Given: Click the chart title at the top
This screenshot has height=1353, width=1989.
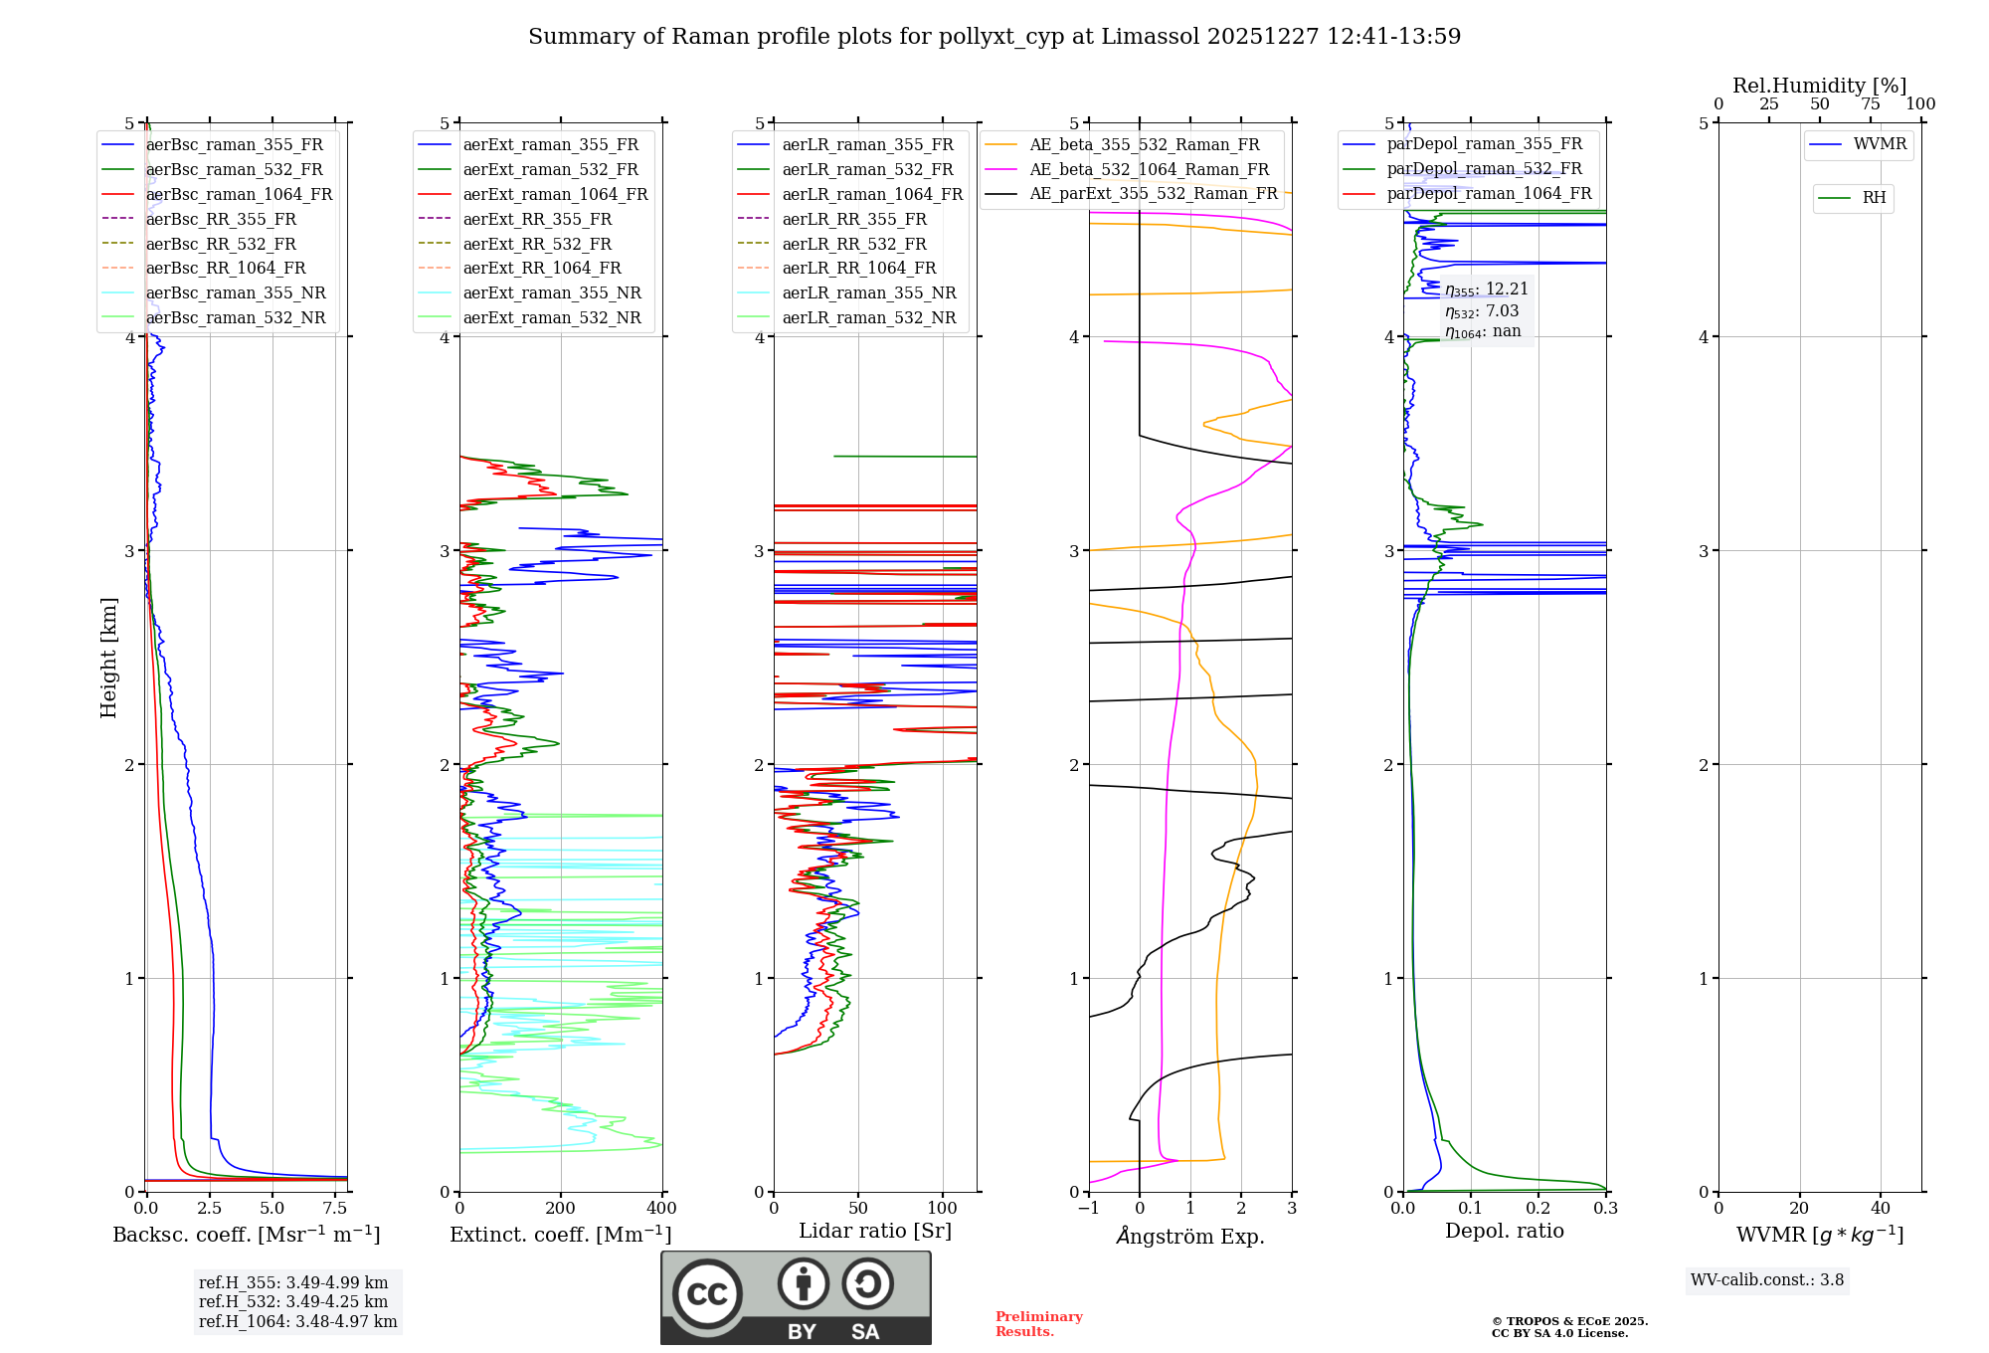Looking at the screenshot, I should [x=994, y=37].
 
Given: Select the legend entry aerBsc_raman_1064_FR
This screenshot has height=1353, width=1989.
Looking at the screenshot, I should [x=239, y=194].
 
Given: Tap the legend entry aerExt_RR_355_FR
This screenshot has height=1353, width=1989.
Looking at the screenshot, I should [x=537, y=219].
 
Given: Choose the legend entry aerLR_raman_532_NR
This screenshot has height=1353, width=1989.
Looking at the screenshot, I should [x=868, y=317].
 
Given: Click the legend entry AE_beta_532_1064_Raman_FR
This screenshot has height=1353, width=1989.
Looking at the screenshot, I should [x=1149, y=169].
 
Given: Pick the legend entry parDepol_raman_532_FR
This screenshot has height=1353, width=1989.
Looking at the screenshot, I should [x=1484, y=169].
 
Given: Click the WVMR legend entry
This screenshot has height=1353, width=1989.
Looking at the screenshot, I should [x=1880, y=144].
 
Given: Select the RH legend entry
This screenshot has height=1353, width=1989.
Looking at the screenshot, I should [x=1874, y=198].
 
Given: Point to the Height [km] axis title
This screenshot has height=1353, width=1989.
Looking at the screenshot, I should [x=108, y=658].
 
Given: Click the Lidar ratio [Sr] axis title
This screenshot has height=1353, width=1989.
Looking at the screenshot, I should [x=875, y=1231].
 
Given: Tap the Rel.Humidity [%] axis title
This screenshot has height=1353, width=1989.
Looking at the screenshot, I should [x=1819, y=86].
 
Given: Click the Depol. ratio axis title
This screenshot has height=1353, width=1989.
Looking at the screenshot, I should [x=1504, y=1231].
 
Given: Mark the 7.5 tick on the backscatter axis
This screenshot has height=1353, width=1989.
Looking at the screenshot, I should [x=335, y=1209].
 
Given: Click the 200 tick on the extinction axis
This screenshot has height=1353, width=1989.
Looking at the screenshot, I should [x=561, y=1209].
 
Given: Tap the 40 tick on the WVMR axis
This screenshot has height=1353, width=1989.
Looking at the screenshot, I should [x=1880, y=1209].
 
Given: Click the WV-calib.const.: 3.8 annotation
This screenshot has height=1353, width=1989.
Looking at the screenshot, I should [x=1767, y=1280].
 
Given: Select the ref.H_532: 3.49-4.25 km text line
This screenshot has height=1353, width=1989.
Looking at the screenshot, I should [x=293, y=1301].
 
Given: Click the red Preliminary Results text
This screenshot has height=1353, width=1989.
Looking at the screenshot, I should [x=1038, y=1324].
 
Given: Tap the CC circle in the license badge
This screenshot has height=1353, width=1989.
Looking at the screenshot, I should [x=707, y=1294].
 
